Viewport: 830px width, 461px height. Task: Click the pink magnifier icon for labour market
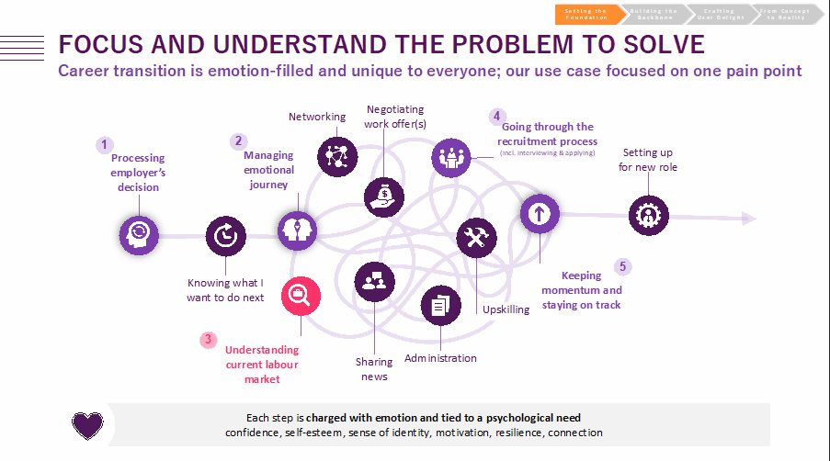click(299, 295)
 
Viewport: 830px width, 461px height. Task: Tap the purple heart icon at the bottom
click(87, 423)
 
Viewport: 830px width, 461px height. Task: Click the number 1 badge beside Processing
click(105, 144)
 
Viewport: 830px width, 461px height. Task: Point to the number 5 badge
click(622, 266)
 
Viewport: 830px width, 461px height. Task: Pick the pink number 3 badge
click(209, 340)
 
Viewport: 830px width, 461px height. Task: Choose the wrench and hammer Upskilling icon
click(475, 236)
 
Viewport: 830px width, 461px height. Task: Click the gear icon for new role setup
click(648, 216)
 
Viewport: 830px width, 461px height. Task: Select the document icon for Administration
click(439, 305)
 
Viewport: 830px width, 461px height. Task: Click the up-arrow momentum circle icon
click(539, 214)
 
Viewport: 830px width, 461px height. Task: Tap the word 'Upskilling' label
click(506, 309)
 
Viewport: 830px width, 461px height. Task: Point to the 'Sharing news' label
click(374, 369)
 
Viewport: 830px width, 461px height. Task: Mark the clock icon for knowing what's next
click(225, 236)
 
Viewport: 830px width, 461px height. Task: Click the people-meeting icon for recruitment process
click(449, 156)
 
